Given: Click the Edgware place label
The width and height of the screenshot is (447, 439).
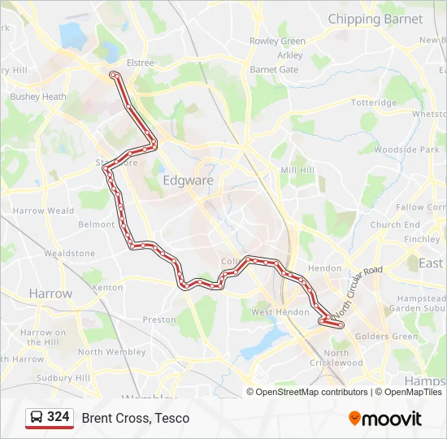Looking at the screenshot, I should tap(188, 180).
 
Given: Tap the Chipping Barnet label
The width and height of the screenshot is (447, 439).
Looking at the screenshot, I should tap(375, 19).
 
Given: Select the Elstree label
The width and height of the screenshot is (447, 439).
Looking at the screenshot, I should tap(141, 62).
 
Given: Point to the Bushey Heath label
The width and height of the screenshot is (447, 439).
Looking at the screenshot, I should tap(38, 97).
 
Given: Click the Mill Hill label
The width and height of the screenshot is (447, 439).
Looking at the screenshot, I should tap(297, 170).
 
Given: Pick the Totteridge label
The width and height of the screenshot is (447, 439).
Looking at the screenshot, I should tap(374, 103).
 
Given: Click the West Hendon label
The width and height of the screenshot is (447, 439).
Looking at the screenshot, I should tap(280, 312).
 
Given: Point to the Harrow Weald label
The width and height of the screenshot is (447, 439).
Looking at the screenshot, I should tap(43, 211).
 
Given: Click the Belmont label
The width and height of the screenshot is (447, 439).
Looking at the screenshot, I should tap(96, 224).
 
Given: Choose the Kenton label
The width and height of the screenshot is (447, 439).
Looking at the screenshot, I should tap(107, 288).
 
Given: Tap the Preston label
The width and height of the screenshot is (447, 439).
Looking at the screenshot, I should tap(159, 319).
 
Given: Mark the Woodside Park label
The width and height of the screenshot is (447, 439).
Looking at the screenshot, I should tap(406, 150).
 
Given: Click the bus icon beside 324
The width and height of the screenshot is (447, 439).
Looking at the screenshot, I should tap(37, 418).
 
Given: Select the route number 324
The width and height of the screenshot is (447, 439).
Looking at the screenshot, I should tap(58, 417).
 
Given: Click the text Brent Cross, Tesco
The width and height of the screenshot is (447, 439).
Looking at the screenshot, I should tap(135, 418).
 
